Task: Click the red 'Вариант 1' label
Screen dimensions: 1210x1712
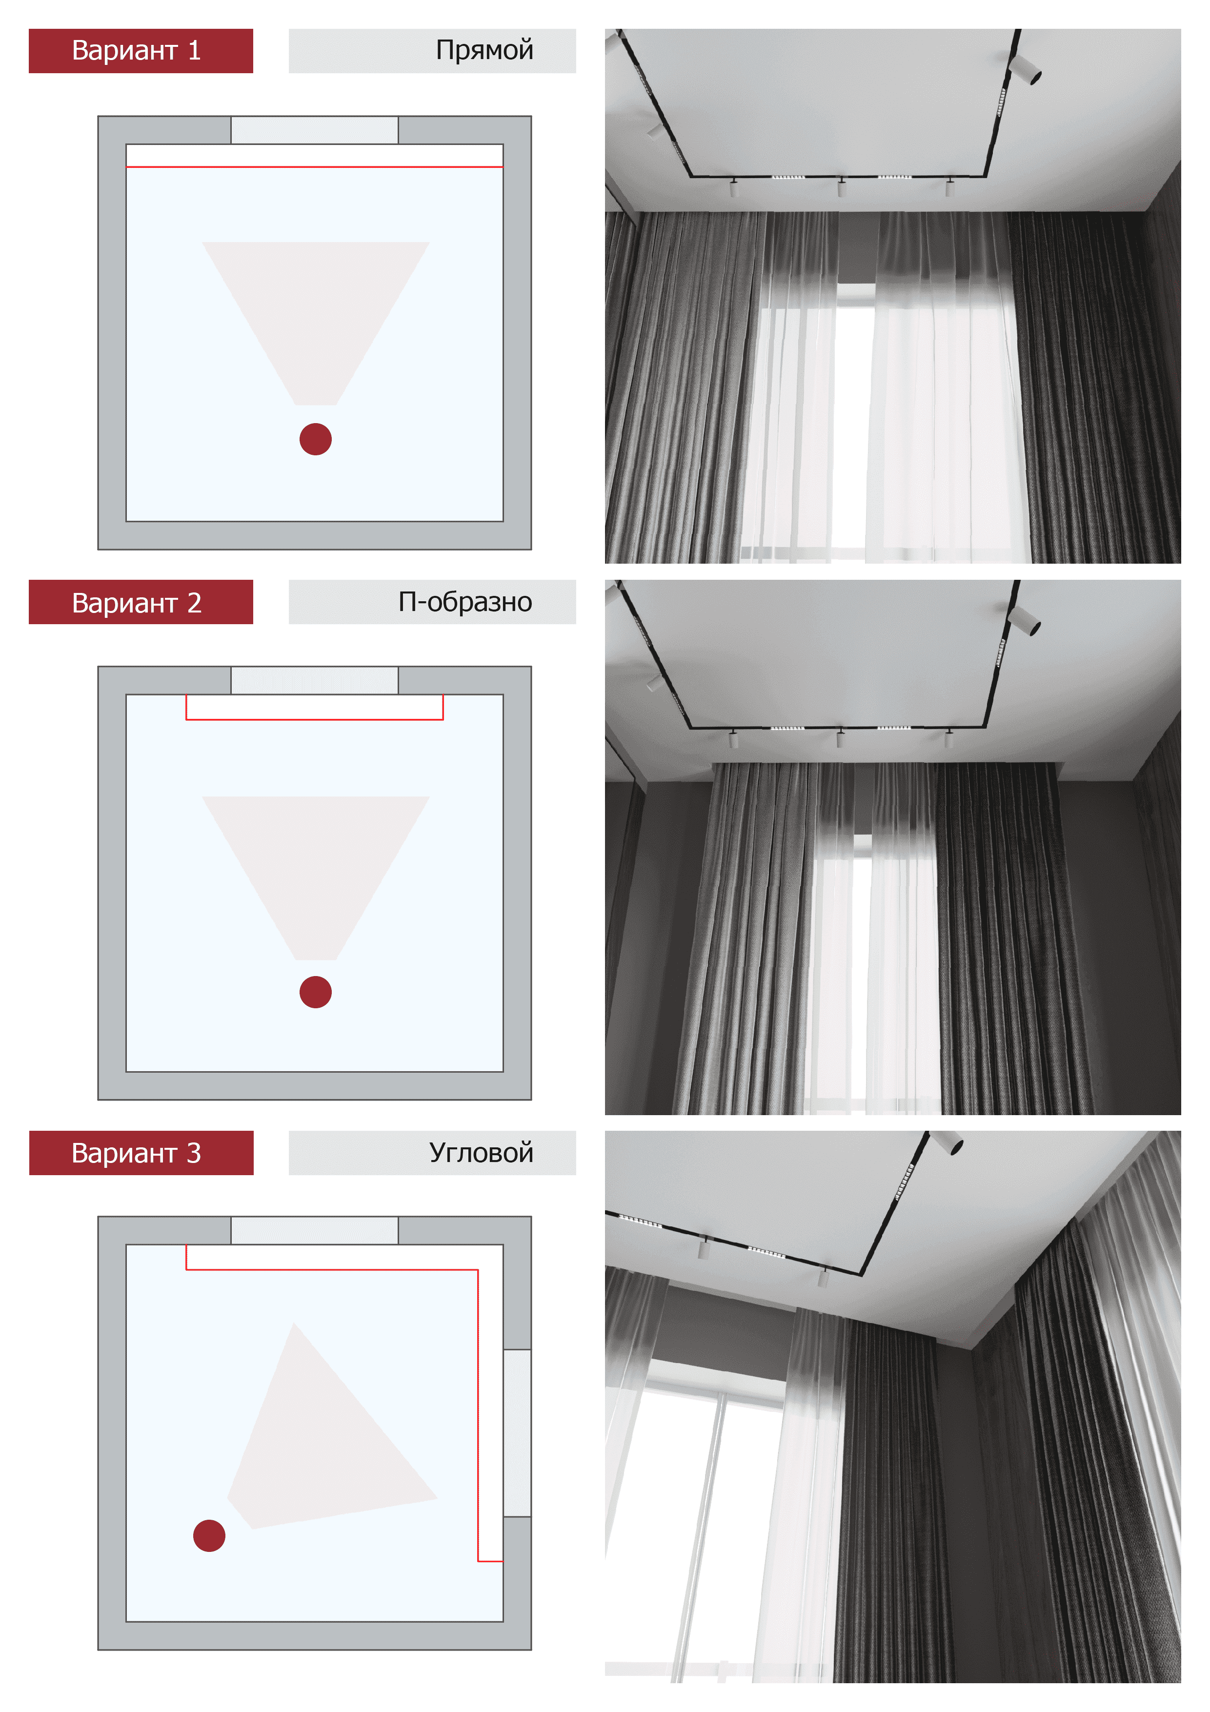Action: pyautogui.click(x=141, y=51)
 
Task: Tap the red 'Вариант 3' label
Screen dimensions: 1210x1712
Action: pyautogui.click(x=141, y=1153)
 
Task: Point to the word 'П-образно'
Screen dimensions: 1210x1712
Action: pyautogui.click(x=465, y=602)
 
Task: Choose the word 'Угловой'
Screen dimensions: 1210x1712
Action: pyautogui.click(x=481, y=1153)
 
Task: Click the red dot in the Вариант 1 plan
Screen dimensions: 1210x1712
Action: pyautogui.click(x=315, y=439)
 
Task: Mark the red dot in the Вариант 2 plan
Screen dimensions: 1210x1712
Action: pyautogui.click(x=315, y=992)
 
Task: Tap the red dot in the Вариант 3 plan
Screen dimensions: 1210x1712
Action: pyautogui.click(x=209, y=1536)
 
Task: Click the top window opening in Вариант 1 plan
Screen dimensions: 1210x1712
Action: pyautogui.click(x=315, y=130)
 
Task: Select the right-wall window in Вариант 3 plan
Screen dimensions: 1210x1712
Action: pyautogui.click(x=517, y=1432)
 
